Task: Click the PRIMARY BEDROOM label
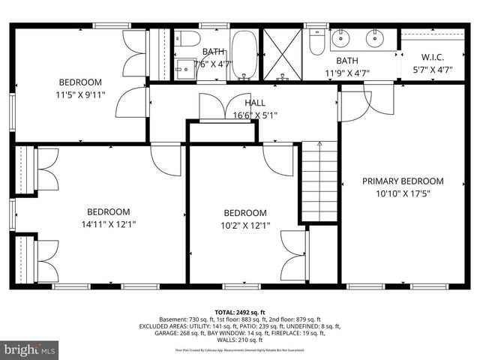click(x=403, y=181)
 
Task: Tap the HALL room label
click(x=254, y=103)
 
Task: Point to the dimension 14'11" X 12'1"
click(x=108, y=223)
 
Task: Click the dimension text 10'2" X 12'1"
click(x=244, y=224)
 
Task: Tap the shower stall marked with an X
click(x=281, y=53)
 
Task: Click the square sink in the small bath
click(x=184, y=66)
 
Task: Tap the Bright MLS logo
click(x=30, y=349)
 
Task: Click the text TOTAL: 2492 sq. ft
click(x=239, y=311)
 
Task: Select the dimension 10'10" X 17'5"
click(x=403, y=193)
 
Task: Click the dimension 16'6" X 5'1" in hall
click(x=254, y=115)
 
